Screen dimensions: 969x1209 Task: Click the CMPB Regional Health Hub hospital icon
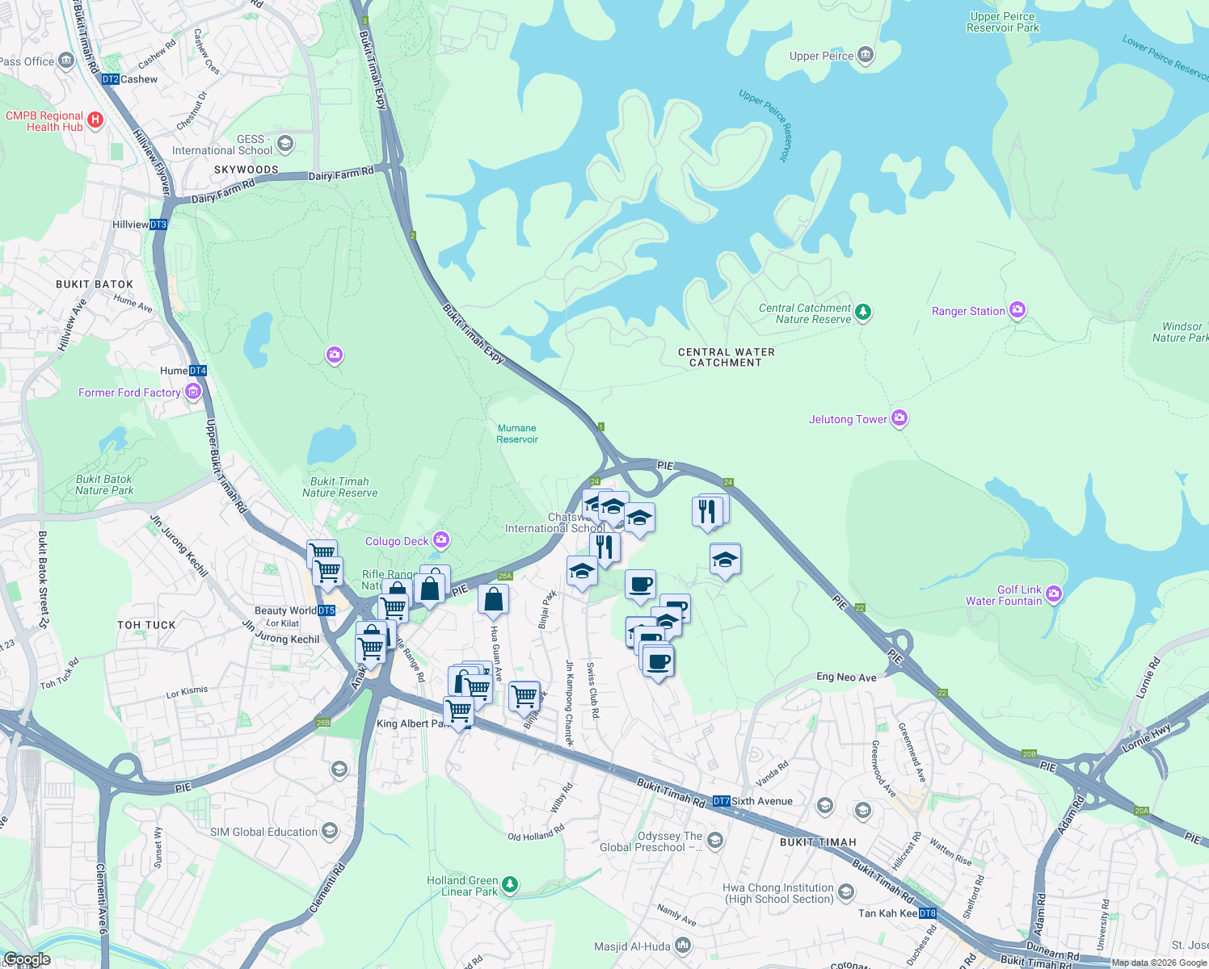(x=95, y=120)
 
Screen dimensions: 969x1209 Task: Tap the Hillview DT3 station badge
(x=158, y=224)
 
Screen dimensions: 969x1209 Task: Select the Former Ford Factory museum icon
(x=192, y=392)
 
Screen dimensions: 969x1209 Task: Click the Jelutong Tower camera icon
(x=899, y=418)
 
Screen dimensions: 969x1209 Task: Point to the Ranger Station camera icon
(x=1017, y=310)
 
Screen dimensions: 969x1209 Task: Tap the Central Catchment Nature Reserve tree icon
(x=863, y=312)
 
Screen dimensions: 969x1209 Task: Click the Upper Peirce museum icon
(x=866, y=56)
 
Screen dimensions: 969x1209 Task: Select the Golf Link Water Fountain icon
(x=1053, y=595)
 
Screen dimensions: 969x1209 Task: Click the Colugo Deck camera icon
(x=440, y=539)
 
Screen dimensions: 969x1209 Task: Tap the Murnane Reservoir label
(x=517, y=434)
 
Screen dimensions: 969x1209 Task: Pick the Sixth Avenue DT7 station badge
(x=721, y=801)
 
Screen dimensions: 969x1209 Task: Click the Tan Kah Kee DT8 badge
(x=927, y=913)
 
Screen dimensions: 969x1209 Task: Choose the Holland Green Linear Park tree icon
(x=510, y=885)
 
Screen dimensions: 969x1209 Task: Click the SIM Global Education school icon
(x=329, y=831)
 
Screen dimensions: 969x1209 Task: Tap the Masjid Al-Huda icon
(x=683, y=945)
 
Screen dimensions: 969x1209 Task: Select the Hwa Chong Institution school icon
(x=845, y=891)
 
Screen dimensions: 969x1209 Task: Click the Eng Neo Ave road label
(x=846, y=677)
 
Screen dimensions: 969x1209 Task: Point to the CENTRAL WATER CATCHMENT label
(x=726, y=358)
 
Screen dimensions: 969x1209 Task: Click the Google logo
(x=27, y=959)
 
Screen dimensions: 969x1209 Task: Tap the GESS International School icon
(x=284, y=145)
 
